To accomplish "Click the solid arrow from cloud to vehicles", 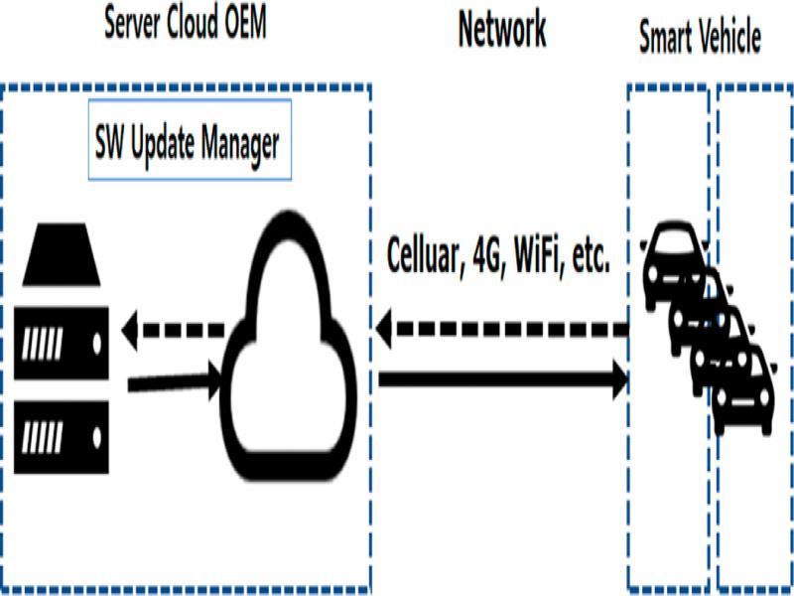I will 501,377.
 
